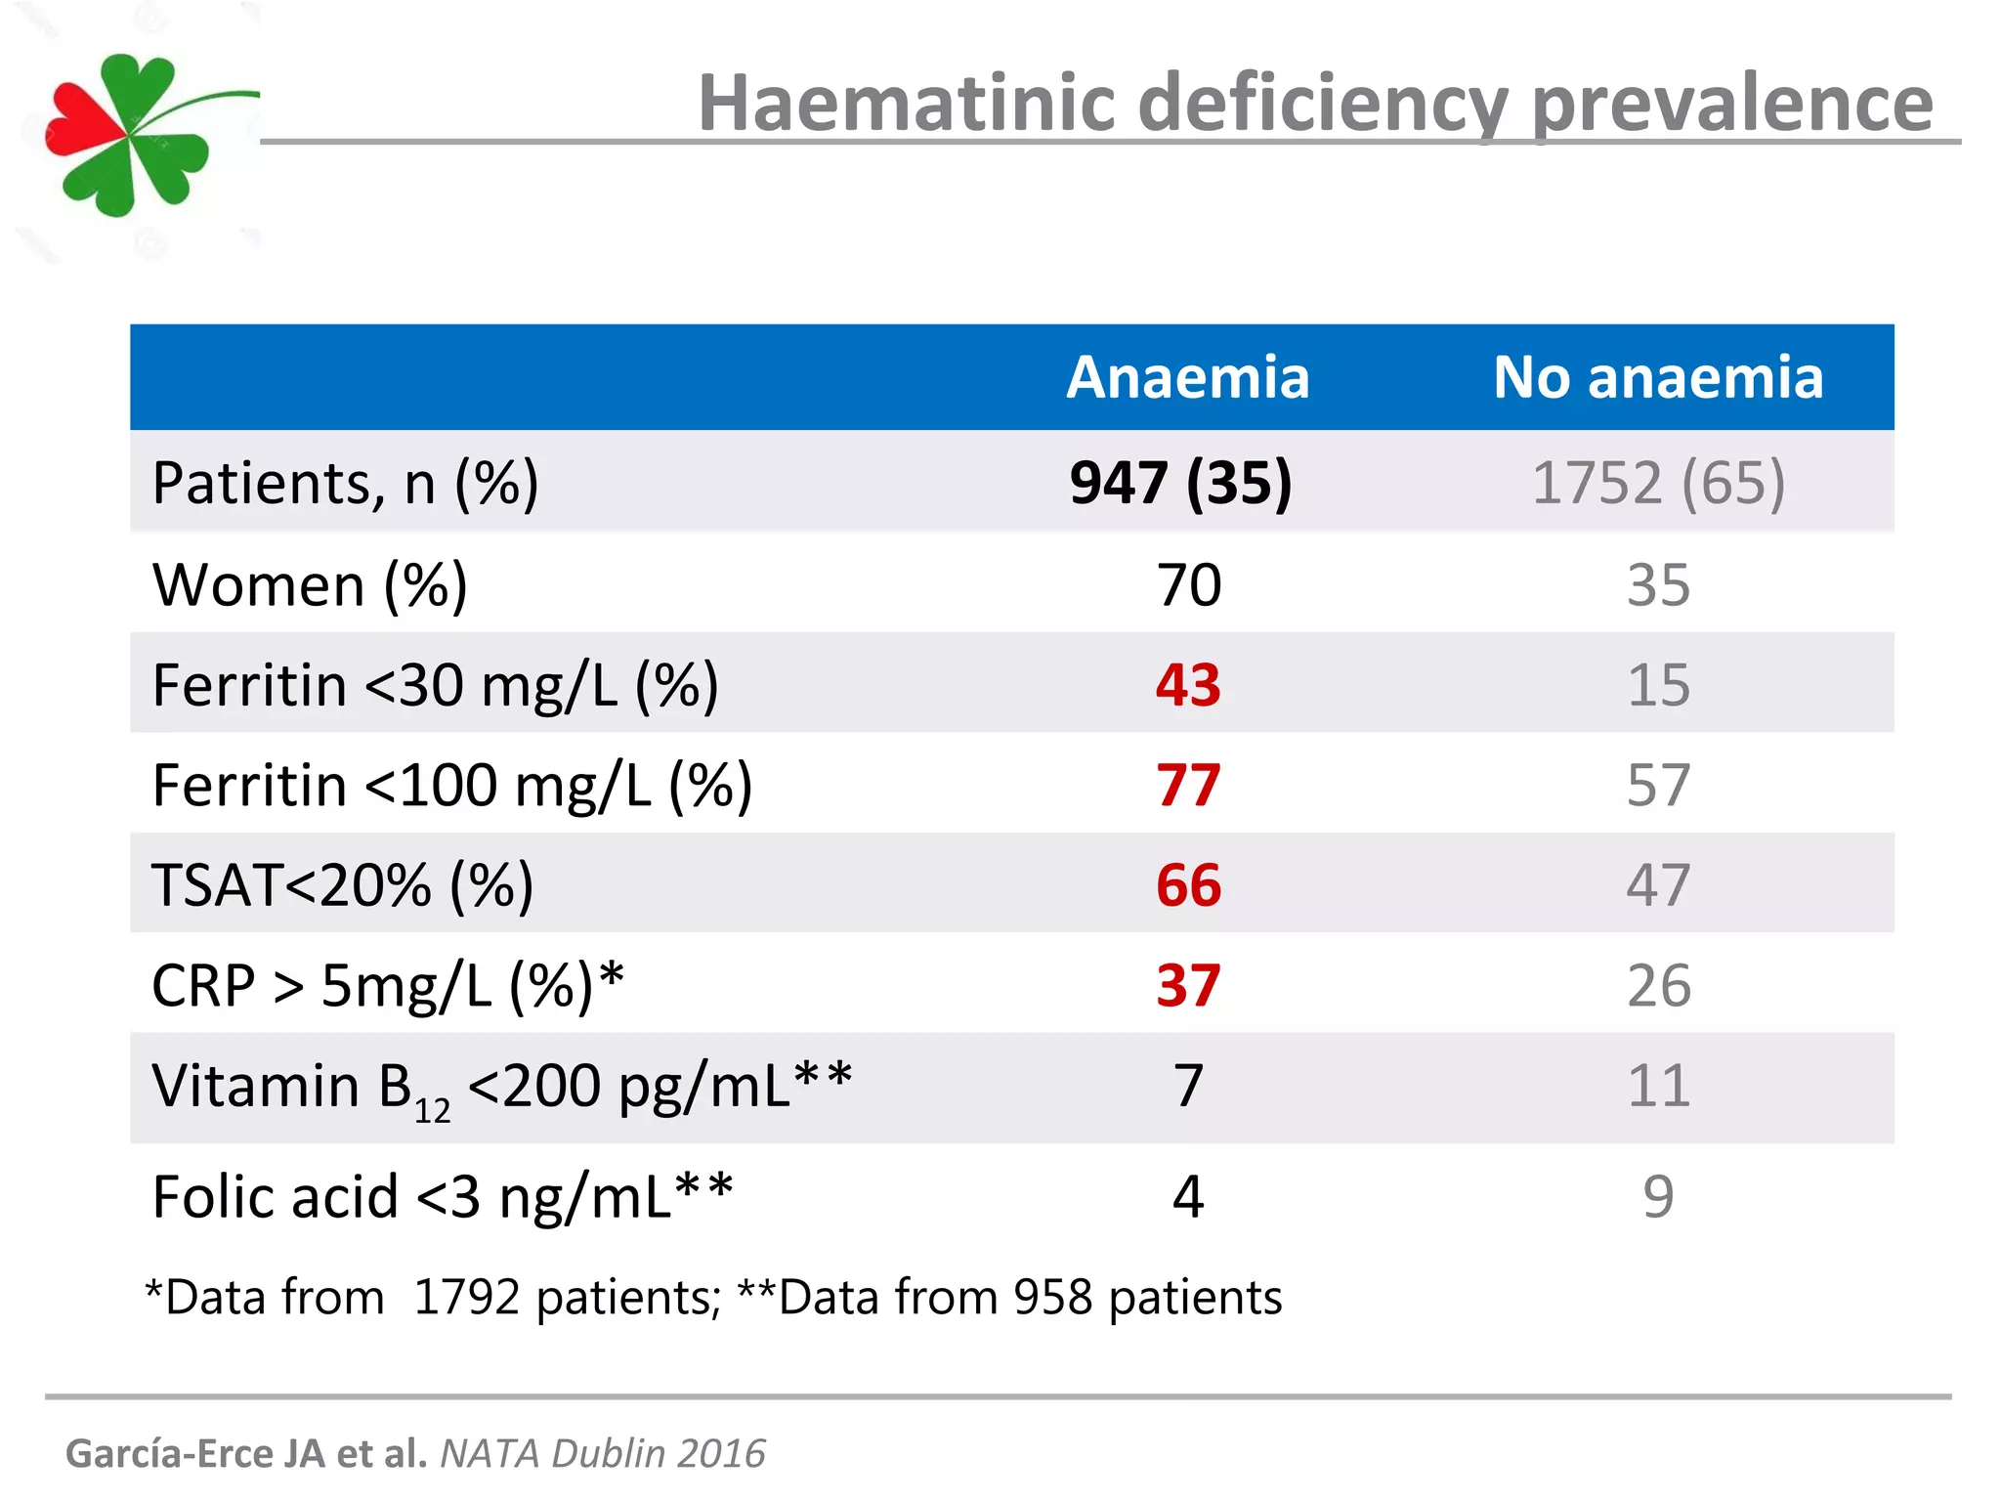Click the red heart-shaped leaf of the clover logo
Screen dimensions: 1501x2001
[x=83, y=122]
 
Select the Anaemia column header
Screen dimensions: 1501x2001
[x=1187, y=377]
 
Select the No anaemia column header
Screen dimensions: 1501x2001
[x=1657, y=377]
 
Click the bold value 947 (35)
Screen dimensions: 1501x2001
[x=1180, y=483]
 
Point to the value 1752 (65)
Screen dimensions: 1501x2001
[x=1657, y=483]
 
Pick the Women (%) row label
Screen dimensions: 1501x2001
[x=310, y=585]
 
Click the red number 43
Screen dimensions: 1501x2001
[x=1187, y=685]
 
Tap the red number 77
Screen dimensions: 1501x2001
[x=1187, y=785]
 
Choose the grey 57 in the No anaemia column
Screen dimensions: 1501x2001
[x=1657, y=785]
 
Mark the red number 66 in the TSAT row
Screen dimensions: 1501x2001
[x=1187, y=885]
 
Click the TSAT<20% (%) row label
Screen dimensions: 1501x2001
[x=342, y=885]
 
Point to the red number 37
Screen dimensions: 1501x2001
[x=1187, y=985]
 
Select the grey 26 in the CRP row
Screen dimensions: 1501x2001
[x=1658, y=985]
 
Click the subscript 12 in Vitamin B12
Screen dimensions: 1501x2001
[x=432, y=1111]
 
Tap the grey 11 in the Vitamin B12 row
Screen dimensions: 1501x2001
[x=1658, y=1086]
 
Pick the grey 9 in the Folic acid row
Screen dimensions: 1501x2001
[x=1658, y=1196]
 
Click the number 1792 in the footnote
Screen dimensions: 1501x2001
[x=466, y=1298]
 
